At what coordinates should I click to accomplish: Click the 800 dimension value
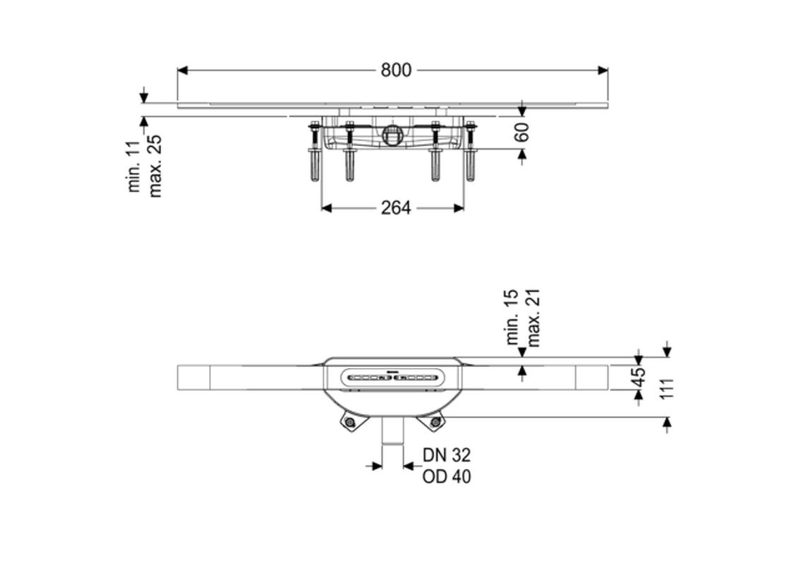(396, 70)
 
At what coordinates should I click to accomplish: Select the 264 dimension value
(396, 208)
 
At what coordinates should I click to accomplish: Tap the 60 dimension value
(522, 132)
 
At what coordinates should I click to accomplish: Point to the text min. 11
(134, 166)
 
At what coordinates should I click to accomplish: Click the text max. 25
(155, 166)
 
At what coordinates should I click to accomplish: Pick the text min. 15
(512, 316)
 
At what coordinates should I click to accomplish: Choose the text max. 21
(533, 319)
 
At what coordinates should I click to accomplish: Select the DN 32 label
(446, 455)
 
